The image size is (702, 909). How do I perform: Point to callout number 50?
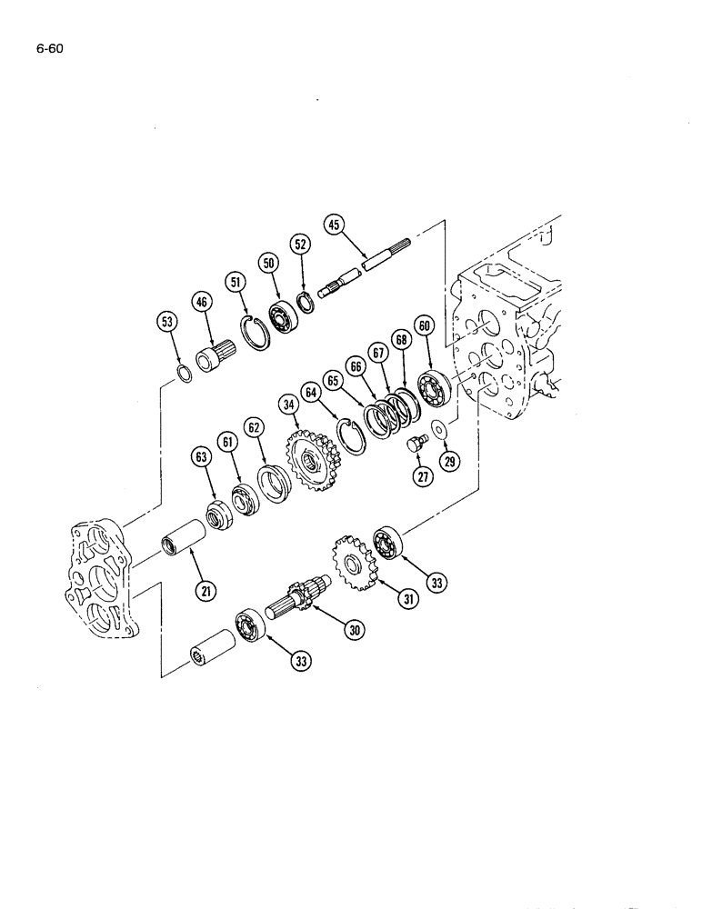268,262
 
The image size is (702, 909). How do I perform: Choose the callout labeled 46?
202,301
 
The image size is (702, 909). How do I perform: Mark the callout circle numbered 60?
424,325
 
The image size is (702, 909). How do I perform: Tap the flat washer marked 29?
437,428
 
